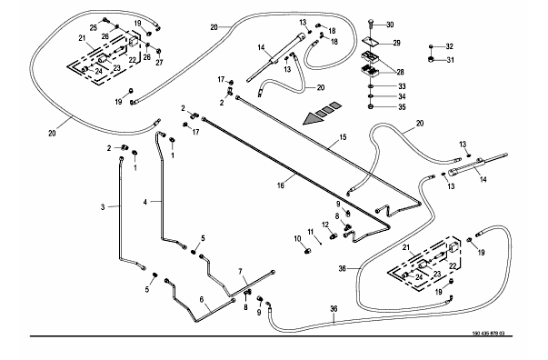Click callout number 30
(x=390, y=25)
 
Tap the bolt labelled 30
(x=371, y=26)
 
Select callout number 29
(x=396, y=43)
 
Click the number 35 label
(x=402, y=107)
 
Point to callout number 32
(x=450, y=46)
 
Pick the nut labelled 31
(x=432, y=59)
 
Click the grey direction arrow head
(x=312, y=119)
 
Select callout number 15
(x=343, y=137)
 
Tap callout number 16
(x=281, y=185)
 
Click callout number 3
(x=103, y=207)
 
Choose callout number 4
(x=145, y=202)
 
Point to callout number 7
(x=241, y=272)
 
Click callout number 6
(x=202, y=299)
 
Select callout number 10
(x=297, y=239)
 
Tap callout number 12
(x=325, y=225)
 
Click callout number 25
(x=93, y=28)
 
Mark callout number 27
(x=159, y=63)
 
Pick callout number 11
(x=311, y=232)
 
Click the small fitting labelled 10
(x=308, y=251)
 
